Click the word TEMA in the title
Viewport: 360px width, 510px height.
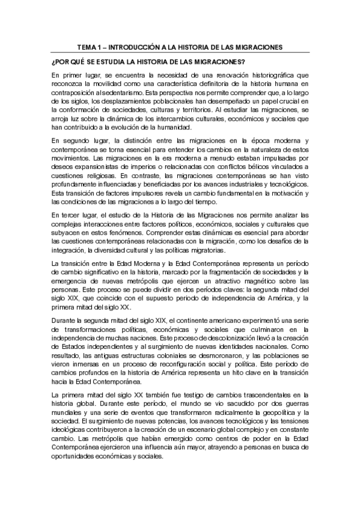(x=90, y=47)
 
